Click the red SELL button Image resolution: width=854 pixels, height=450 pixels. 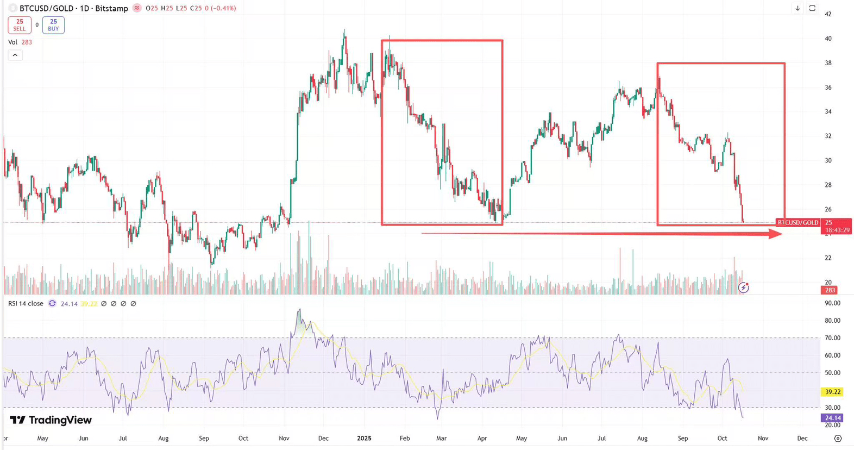pos(20,25)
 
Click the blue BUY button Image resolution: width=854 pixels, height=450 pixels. pos(53,25)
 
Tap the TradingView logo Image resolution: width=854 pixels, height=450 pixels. pos(51,420)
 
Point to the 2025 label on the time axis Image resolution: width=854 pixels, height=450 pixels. pos(364,438)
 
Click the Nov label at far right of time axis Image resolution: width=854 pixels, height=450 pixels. pos(763,438)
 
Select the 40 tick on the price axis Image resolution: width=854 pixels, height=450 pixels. pos(828,39)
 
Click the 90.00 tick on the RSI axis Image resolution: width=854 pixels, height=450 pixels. pos(832,303)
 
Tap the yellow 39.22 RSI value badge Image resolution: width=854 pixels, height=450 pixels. pos(832,391)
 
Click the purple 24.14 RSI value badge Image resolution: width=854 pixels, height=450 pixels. pos(832,418)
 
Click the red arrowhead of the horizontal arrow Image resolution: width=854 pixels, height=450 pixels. pos(776,234)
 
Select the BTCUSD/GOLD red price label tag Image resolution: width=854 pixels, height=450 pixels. pos(798,223)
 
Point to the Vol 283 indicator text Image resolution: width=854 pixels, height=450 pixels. pos(20,42)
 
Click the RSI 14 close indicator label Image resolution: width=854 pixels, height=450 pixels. pos(26,303)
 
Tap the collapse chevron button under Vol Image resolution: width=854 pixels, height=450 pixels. pos(15,55)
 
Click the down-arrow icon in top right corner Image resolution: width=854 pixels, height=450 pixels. pos(798,8)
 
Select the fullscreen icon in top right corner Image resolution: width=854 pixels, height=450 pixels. pos(812,8)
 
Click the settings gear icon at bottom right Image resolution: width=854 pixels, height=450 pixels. pos(838,438)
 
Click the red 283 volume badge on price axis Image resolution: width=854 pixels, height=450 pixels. pos(830,290)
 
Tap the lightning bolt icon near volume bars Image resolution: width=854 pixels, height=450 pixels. pos(744,287)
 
